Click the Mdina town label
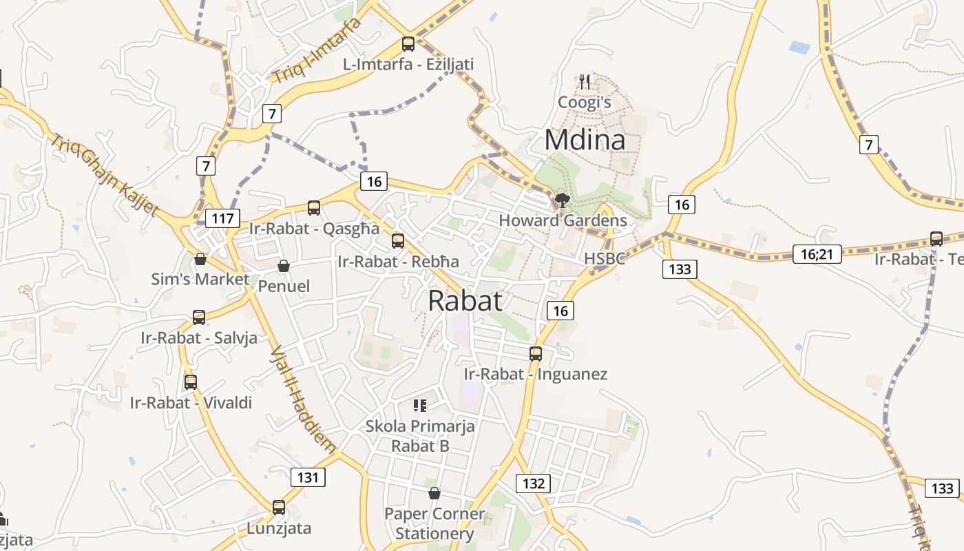pos(585,140)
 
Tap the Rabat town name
pos(465,301)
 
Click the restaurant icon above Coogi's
pos(585,82)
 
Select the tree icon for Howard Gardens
pos(562,200)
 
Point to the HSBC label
pos(605,258)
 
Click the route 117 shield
pos(222,219)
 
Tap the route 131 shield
pos(307,477)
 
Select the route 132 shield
pos(534,483)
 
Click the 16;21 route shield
pos(817,254)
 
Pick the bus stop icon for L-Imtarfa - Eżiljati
pos(408,44)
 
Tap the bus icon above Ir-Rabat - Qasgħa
pos(314,207)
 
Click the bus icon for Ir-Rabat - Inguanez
pos(536,354)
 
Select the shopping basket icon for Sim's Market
pos(200,259)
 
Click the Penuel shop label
pos(284,286)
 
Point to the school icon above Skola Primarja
pos(420,406)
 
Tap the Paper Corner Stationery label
pos(434,523)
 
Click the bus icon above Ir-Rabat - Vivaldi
pos(191,382)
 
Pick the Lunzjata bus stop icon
pos(279,508)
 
